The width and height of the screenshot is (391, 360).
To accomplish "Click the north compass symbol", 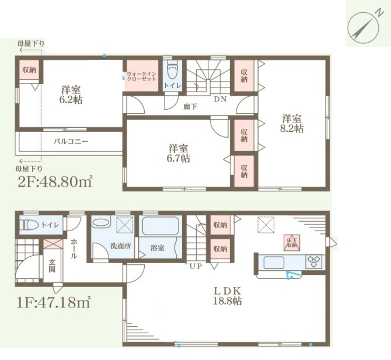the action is pos(363,27).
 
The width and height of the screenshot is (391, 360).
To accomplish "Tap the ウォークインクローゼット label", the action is pos(141,76).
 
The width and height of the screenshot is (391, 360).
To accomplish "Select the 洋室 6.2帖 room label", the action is pos(71,95).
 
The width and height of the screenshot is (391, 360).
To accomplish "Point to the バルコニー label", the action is pos(71,142).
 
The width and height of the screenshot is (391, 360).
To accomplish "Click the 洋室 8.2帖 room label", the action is pos(292,124).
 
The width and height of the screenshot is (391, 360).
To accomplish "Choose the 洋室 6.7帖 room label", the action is pos(179,153).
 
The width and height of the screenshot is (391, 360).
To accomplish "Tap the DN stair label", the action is pos(220,99).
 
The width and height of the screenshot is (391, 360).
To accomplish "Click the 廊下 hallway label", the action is pos(190,107).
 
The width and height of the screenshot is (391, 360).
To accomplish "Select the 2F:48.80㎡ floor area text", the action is pos(55,181).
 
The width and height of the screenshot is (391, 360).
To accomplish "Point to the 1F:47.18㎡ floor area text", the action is pos(54,302).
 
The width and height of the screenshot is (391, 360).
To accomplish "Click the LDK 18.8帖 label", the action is pos(227,296).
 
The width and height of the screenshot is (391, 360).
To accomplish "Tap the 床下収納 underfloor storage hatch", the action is pos(292,243).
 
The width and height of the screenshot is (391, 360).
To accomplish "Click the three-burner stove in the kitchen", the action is pos(314,262).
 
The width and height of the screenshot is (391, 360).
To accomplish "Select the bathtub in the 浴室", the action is pos(160,226).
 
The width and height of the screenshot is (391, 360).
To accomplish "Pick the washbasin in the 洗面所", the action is pos(101,223).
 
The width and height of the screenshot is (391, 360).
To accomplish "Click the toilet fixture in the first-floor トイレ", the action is pos(29,225).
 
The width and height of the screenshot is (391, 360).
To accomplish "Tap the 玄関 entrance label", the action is pos(52,265).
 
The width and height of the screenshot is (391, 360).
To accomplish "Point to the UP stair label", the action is pos(195,266).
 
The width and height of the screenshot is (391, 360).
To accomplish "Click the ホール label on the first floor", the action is pos(74,249).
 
